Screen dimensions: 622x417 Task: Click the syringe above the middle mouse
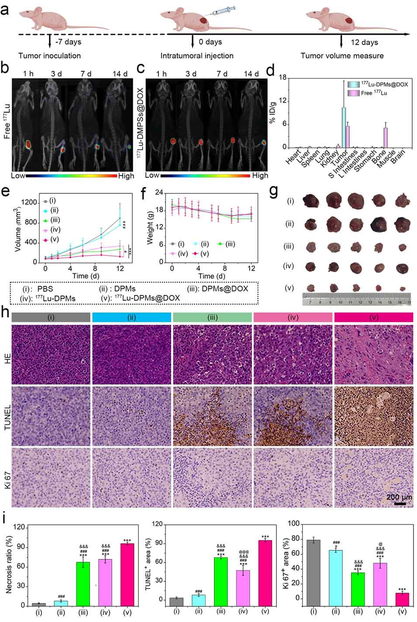221,13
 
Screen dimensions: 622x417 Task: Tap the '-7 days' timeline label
68,42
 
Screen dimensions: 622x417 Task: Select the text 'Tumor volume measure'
342,56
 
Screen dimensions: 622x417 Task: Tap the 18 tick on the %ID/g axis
283,78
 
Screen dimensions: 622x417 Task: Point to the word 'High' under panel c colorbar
260,175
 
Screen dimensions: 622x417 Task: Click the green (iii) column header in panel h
212,317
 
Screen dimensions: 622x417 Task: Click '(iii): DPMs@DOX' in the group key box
223,289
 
